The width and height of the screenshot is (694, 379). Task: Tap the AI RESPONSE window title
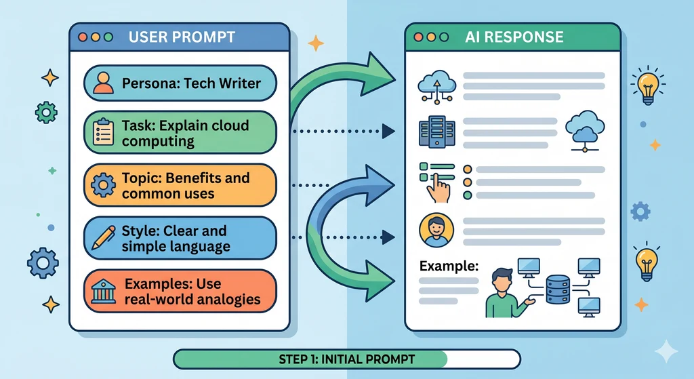pyautogui.click(x=514, y=37)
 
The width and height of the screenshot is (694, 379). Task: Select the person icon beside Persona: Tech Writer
pyautogui.click(x=103, y=83)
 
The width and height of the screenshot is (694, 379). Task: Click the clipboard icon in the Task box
pyautogui.click(x=103, y=133)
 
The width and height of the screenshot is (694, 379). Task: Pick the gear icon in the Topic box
pyautogui.click(x=104, y=185)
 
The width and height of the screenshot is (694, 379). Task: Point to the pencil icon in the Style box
pyautogui.click(x=103, y=237)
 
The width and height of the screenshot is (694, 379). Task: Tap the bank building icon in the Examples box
pyautogui.click(x=102, y=290)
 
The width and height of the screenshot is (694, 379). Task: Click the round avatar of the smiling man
pyautogui.click(x=434, y=231)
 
